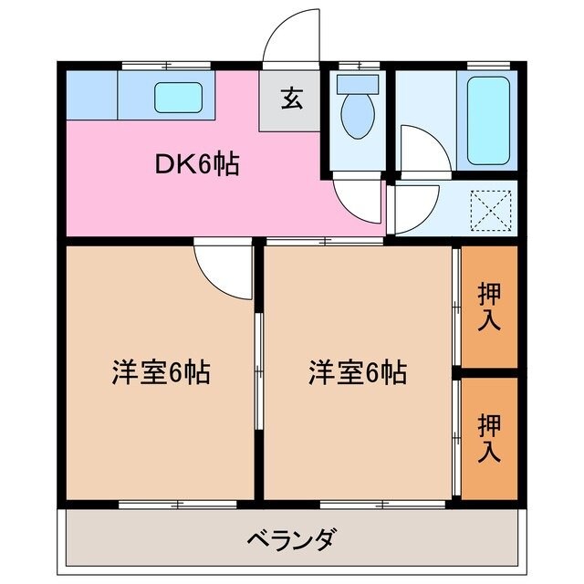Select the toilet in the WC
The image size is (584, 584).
coord(355,115)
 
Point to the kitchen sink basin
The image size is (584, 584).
coord(177,96)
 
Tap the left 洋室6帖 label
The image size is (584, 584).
coord(161,372)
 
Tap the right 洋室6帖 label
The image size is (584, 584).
coord(357,372)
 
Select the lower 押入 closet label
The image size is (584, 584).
coord(490,437)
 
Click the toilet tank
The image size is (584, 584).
coord(356,84)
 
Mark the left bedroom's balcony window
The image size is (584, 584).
coord(153,504)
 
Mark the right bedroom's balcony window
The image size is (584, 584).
coord(357,504)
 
